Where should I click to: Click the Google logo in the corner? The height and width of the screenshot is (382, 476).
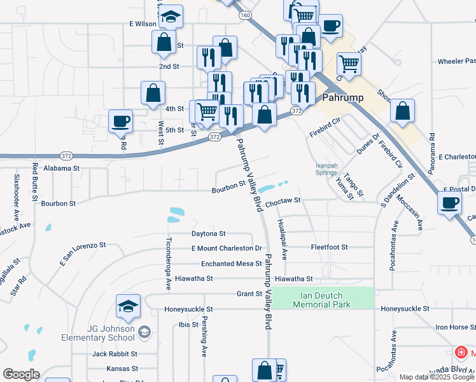(21, 374)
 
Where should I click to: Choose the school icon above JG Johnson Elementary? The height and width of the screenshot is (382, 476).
(129, 306)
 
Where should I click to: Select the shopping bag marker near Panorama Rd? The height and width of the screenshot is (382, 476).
(403, 111)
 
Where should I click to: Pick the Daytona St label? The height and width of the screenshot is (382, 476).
(208, 234)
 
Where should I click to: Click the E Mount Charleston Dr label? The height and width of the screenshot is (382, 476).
(227, 248)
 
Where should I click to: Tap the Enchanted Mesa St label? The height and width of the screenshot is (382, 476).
(232, 263)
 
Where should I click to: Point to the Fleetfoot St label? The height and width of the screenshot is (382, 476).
(329, 246)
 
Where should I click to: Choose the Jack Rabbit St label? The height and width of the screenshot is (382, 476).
(115, 353)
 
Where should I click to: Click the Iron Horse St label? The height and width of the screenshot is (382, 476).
(455, 327)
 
